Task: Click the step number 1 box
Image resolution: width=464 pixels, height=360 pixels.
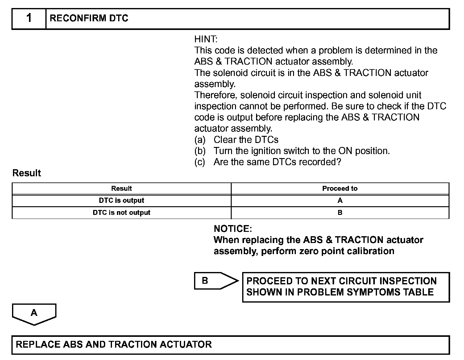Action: (29, 19)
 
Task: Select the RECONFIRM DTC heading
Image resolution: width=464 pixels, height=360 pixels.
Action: (89, 19)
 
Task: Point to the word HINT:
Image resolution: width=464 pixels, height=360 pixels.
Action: (206, 39)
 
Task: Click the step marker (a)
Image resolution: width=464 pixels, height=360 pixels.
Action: (200, 140)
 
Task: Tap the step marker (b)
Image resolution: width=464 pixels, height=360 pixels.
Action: (200, 151)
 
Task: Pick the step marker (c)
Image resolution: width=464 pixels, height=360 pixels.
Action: (200, 162)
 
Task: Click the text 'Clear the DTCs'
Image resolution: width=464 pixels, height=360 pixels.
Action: (246, 140)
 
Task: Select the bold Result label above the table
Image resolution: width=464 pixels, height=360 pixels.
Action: (27, 173)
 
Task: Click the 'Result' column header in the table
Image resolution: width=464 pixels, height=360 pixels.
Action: (122, 188)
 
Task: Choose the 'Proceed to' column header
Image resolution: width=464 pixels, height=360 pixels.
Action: (340, 188)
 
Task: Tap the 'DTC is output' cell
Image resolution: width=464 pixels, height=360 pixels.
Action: (122, 200)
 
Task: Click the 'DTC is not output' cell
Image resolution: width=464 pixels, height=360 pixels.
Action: (122, 212)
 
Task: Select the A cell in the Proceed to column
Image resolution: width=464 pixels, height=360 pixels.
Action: (340, 200)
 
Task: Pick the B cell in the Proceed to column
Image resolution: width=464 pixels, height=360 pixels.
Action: (340, 212)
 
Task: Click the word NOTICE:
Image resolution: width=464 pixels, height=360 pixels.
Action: (233, 229)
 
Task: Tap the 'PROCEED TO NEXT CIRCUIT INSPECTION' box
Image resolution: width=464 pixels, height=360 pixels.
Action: (346, 287)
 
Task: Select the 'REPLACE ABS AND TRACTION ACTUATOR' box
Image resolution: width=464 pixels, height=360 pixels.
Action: (230, 345)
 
